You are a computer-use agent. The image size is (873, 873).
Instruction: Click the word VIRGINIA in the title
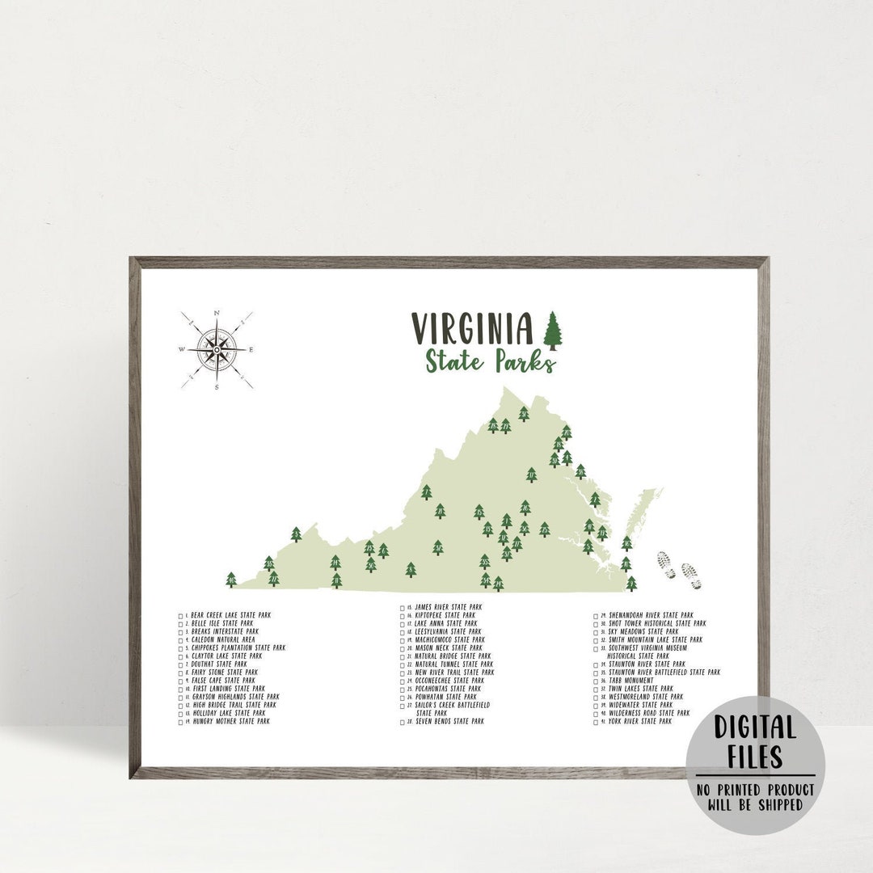[x=473, y=329]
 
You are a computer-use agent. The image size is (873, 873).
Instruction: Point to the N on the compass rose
[x=217, y=313]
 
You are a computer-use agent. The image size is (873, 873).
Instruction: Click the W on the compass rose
[x=182, y=350]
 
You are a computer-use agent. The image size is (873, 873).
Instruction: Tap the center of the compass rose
[x=217, y=350]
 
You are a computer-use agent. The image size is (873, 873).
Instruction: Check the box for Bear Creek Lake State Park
[x=181, y=616]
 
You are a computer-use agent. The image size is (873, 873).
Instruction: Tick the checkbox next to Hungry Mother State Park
[x=181, y=721]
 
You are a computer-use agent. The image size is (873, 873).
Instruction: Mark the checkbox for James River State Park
[x=402, y=607]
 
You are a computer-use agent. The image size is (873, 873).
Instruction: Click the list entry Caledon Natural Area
[x=222, y=639]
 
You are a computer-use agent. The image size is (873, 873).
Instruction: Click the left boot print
[x=667, y=565]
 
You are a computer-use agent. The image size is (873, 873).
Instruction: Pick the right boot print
[x=690, y=576]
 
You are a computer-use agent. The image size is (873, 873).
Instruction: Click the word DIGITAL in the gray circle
[x=755, y=728]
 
